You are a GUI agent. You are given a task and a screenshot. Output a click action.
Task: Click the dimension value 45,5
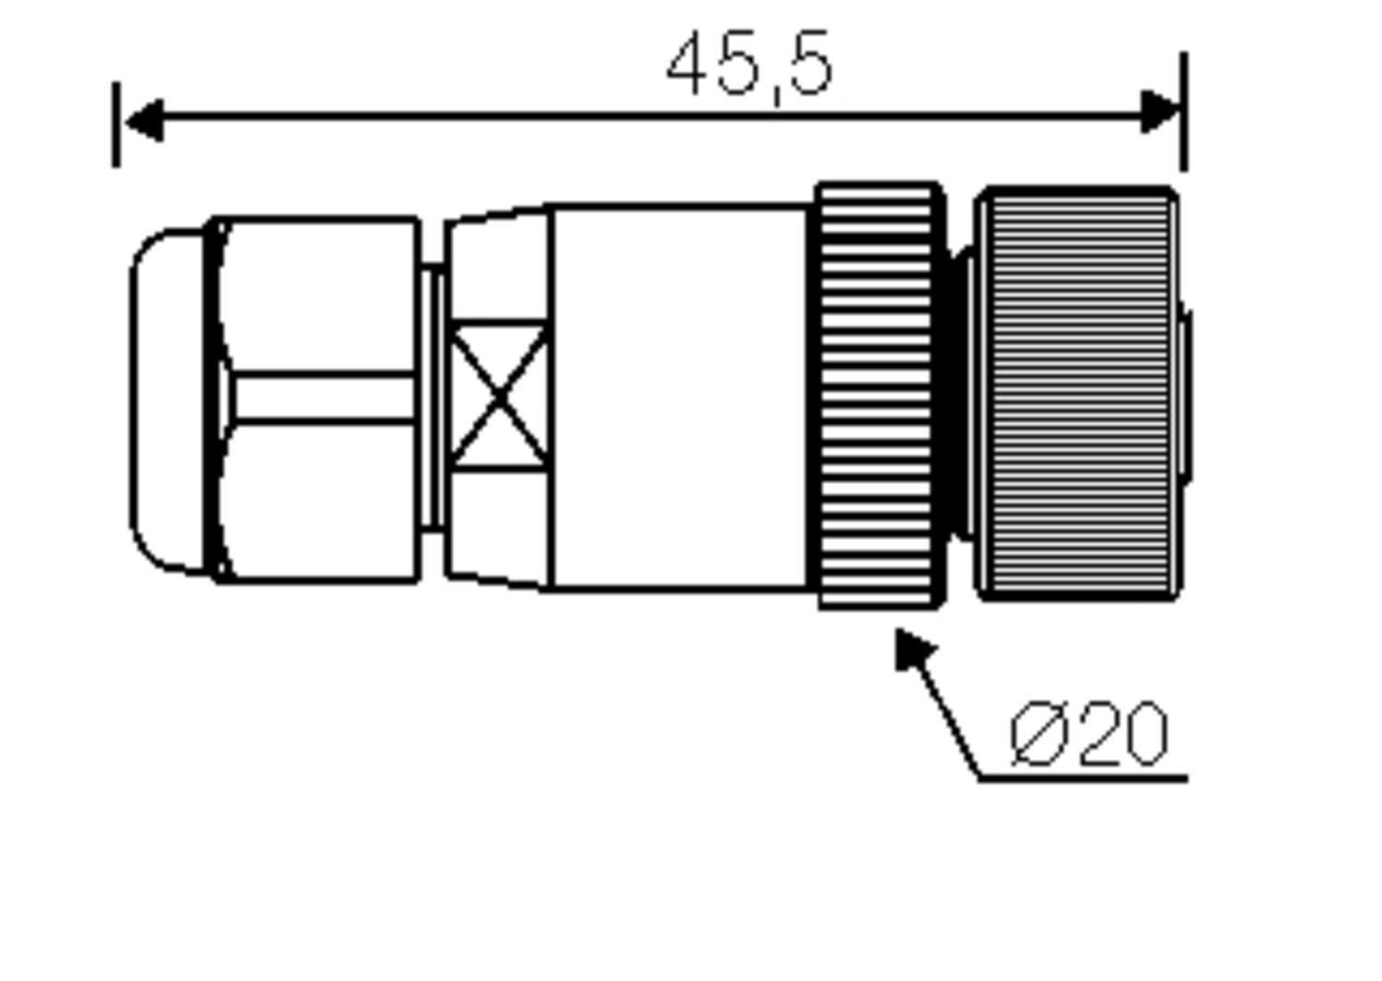[749, 66]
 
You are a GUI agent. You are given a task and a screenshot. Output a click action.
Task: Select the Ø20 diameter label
[1089, 734]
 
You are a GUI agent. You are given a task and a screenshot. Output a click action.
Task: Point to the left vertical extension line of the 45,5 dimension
[116, 125]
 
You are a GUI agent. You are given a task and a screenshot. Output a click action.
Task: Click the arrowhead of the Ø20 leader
[913, 647]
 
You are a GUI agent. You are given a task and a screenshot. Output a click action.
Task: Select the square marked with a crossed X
[498, 397]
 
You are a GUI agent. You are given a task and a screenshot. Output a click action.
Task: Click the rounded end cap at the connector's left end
[166, 401]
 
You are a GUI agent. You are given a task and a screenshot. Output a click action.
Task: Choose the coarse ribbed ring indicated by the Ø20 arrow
[878, 397]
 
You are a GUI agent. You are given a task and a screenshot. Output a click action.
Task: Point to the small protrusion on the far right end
[1188, 397]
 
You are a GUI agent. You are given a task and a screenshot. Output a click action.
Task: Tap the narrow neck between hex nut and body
[431, 397]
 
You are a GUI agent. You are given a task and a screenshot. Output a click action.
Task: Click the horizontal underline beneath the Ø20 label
[1083, 779]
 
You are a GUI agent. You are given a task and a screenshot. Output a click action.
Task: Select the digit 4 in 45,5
[689, 66]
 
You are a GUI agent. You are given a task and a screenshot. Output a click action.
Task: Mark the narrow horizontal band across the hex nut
[322, 397]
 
